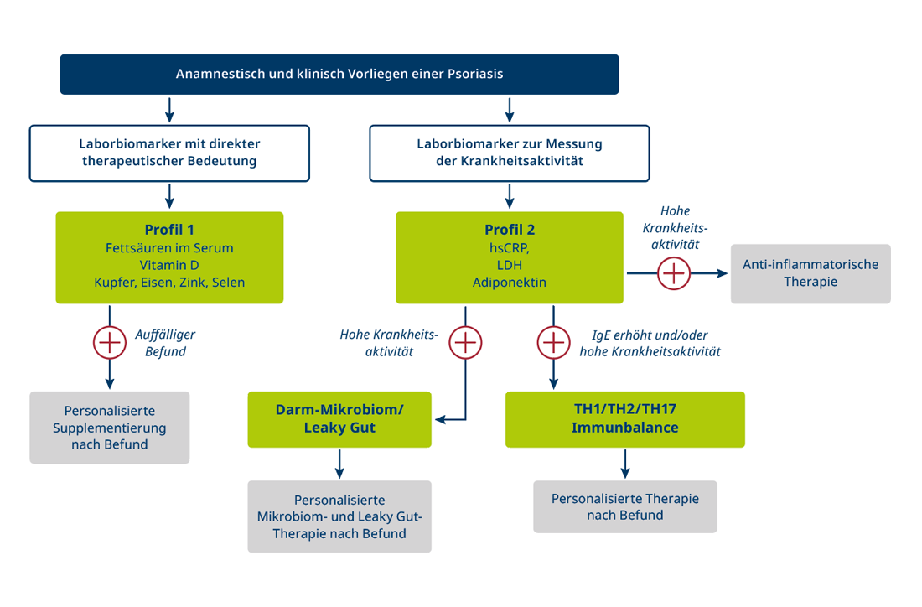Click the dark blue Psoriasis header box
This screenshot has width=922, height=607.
339,74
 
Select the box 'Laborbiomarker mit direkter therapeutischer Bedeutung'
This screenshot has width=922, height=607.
169,153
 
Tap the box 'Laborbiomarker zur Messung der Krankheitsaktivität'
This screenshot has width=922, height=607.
509,153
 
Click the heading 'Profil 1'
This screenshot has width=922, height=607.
169,230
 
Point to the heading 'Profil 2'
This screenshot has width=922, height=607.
509,230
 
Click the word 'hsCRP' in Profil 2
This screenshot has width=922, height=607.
509,248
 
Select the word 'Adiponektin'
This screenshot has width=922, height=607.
509,283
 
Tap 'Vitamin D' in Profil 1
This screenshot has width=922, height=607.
169,265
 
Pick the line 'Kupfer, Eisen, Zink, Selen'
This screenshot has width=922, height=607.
169,283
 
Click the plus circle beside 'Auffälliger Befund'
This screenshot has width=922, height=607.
108,342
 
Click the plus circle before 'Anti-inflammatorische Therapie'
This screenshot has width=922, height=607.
673,274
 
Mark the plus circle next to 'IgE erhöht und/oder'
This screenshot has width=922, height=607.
552,342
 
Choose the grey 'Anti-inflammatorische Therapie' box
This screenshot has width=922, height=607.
811,273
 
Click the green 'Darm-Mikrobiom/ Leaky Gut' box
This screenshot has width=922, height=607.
339,418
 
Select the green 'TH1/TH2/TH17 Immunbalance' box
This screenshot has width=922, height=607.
624,418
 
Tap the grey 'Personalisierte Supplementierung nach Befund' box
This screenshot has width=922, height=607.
110,428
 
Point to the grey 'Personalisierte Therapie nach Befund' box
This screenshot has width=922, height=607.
625,506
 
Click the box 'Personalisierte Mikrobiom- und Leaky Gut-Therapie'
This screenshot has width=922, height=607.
339,516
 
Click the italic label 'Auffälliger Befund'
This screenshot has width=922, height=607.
165,343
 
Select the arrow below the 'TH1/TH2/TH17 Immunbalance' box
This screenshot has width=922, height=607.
625,463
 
